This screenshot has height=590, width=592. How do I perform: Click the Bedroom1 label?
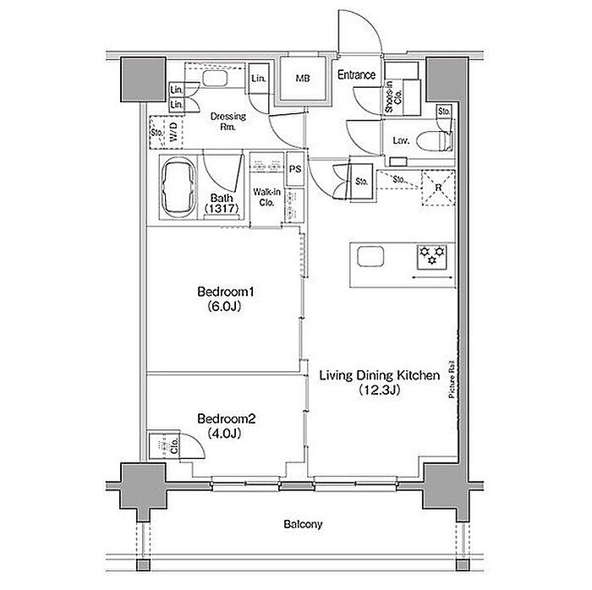(x=226, y=292)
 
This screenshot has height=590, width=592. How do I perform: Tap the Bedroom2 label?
(x=227, y=418)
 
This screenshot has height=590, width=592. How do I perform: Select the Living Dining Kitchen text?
(x=380, y=375)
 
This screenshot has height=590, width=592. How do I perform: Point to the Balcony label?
(x=303, y=524)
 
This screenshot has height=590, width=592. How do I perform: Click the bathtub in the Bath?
(x=179, y=188)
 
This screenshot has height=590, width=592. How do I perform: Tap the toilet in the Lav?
(x=435, y=140)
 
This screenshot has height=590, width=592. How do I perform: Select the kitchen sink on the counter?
(x=370, y=256)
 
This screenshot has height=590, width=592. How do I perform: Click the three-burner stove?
(x=431, y=257)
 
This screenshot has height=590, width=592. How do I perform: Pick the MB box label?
(x=303, y=78)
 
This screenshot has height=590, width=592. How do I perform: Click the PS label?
(x=295, y=169)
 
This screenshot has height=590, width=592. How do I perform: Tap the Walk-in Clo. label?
(x=266, y=197)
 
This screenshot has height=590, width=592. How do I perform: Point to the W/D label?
(x=174, y=133)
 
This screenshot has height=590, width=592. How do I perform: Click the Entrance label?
(x=356, y=74)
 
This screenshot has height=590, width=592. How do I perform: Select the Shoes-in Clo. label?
(x=393, y=96)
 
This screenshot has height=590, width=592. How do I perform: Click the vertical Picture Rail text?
(x=451, y=380)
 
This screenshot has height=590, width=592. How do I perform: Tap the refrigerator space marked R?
(x=438, y=188)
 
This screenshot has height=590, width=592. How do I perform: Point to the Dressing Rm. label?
(x=228, y=121)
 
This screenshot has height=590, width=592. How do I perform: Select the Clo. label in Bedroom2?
(x=174, y=446)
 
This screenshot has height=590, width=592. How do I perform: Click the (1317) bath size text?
(x=222, y=208)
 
